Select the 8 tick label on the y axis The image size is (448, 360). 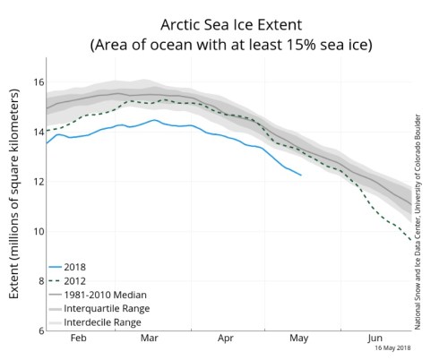click(38, 281)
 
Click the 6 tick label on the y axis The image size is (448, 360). click(38, 330)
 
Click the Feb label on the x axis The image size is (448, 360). click(78, 341)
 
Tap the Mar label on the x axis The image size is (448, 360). click(151, 341)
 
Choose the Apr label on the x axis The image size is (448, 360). click(224, 341)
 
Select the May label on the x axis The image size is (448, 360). click(299, 341)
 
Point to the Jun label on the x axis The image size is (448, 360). click(375, 341)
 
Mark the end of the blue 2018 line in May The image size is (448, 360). click(301, 176)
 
